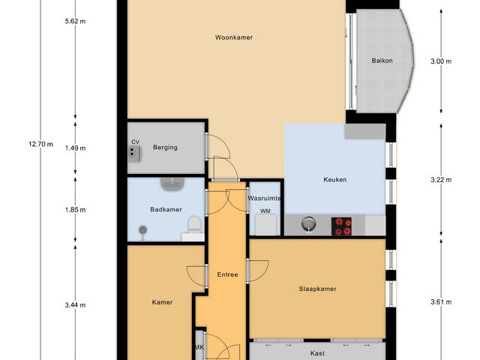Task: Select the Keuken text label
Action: [x=334, y=179]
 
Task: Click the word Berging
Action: [x=165, y=148]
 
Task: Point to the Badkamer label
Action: [x=165, y=210]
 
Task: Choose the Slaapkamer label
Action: [x=316, y=289]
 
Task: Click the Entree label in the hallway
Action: [x=227, y=274]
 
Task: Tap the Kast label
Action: [x=316, y=352]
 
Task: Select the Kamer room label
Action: [x=162, y=302]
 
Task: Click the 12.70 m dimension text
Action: [x=40, y=144]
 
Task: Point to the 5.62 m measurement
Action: [x=76, y=22]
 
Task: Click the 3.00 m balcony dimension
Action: [x=442, y=62]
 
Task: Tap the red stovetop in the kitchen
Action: [x=343, y=226]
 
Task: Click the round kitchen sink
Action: [x=308, y=223]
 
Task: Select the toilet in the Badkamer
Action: [x=194, y=223]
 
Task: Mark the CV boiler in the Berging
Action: [x=135, y=152]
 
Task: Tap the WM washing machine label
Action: [x=265, y=211]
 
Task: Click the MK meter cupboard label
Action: [x=199, y=347]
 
